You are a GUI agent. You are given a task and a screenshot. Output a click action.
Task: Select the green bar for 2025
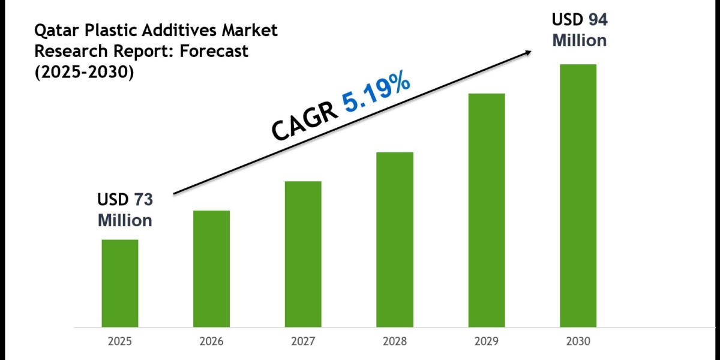click(119, 283)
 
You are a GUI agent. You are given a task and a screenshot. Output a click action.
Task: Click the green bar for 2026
click(211, 269)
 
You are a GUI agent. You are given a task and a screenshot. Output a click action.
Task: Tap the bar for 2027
click(303, 254)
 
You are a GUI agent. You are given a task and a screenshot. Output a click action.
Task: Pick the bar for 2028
click(395, 239)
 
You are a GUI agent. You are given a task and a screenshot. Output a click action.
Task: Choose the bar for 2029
click(487, 210)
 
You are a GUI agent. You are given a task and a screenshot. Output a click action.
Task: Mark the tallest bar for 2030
click(578, 196)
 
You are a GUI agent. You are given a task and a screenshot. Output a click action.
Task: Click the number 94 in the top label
click(597, 20)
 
